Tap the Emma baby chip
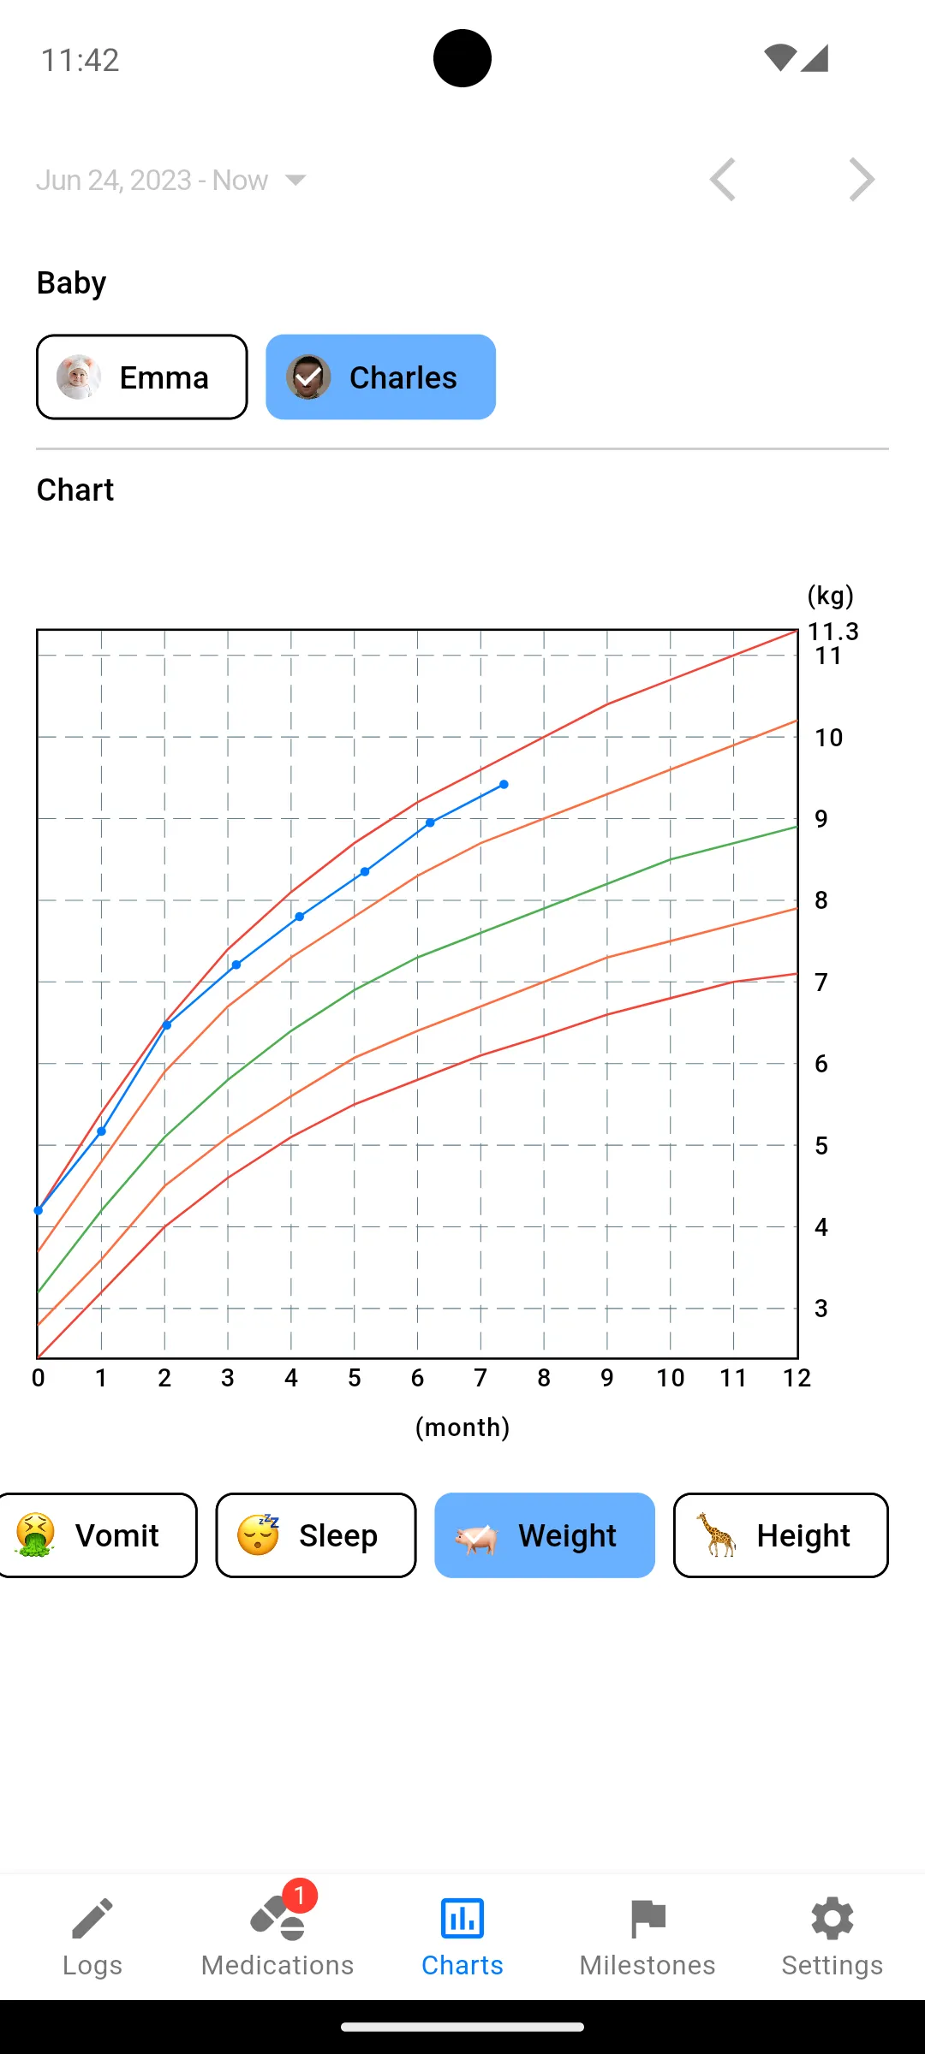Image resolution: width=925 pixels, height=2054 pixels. (x=142, y=377)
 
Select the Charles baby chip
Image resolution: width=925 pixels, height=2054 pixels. (x=380, y=377)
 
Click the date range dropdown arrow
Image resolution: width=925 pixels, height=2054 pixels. (x=295, y=180)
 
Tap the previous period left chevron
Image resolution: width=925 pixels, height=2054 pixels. (x=723, y=180)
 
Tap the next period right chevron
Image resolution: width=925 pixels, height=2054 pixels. (x=862, y=180)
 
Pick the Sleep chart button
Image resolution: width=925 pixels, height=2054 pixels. (x=315, y=1535)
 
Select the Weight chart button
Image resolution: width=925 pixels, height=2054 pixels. (x=545, y=1535)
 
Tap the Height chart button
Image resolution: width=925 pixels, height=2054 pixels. (x=780, y=1535)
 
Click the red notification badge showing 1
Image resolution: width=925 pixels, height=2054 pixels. (x=300, y=1896)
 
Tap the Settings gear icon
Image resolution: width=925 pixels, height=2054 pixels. (x=832, y=1919)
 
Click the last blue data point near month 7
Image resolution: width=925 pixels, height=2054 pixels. (x=504, y=784)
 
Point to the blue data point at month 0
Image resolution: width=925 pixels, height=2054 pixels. (x=39, y=1210)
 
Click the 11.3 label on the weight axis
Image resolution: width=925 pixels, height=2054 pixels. (x=832, y=632)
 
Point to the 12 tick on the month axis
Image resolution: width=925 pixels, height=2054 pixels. (x=797, y=1378)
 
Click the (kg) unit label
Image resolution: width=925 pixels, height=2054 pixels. (x=830, y=596)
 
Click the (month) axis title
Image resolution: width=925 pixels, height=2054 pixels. (x=462, y=1428)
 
